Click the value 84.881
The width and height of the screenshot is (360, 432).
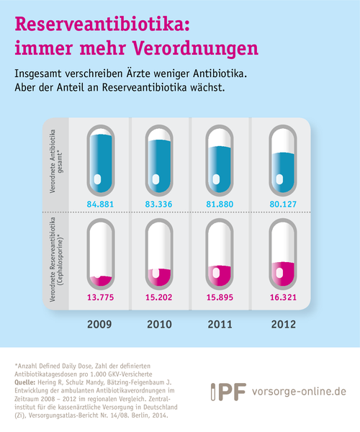coord(100,204)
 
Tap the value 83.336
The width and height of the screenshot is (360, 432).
coord(158,204)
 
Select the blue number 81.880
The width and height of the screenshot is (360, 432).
coord(220,204)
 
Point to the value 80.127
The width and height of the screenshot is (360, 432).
coord(283,204)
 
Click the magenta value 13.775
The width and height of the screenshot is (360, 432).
coord(100,297)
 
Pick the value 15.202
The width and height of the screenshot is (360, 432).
coord(158,297)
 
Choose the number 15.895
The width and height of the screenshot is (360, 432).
coord(220,297)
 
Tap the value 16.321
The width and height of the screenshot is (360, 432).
coord(283,297)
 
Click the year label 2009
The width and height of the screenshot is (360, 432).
coord(99,324)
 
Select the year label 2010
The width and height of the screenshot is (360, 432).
coord(159,324)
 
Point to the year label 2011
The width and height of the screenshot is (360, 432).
coord(220,324)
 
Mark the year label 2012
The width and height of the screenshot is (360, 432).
coord(284,324)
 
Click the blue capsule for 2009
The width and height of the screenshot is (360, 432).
coord(101,161)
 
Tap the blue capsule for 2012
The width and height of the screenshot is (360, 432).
coord(283,161)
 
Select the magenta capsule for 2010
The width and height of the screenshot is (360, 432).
coord(159,253)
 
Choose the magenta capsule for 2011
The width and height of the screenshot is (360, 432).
coord(220,253)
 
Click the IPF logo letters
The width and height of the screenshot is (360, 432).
coord(229,392)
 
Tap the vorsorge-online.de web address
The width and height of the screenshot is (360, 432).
coord(299,392)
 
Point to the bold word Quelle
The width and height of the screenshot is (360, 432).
coord(24,382)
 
